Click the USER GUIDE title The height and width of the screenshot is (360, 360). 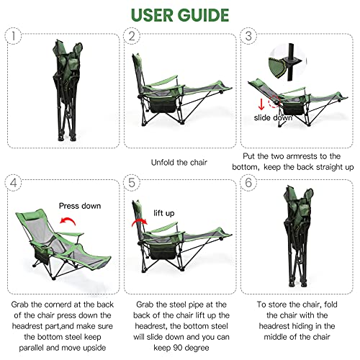pyautogui.click(x=180, y=14)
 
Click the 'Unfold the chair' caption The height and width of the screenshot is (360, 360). pyautogui.click(x=179, y=163)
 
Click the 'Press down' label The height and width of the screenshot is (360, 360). pyautogui.click(x=79, y=205)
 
